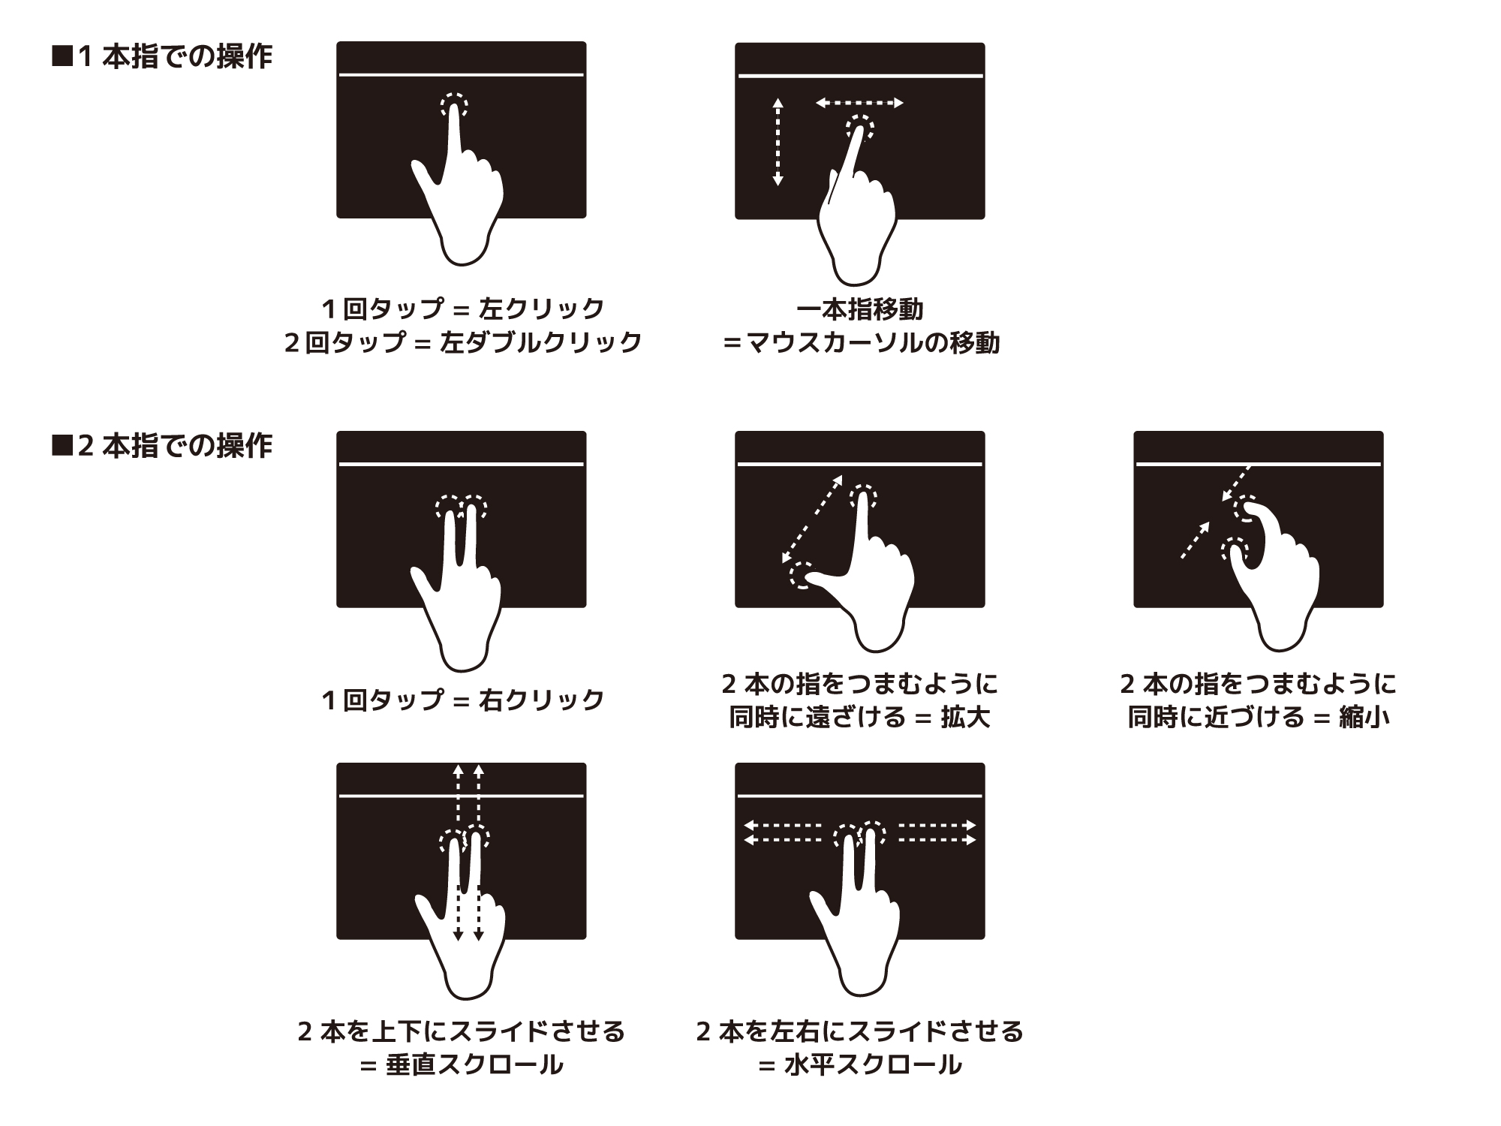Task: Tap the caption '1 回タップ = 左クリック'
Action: [463, 309]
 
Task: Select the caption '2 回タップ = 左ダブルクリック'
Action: [463, 342]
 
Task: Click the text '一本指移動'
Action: [860, 309]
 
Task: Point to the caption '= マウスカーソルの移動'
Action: [860, 343]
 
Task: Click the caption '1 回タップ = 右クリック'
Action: [463, 700]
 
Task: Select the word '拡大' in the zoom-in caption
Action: [966, 718]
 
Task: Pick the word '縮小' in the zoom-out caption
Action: [1364, 718]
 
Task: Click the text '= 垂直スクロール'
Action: [462, 1065]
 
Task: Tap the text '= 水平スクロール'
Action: [860, 1065]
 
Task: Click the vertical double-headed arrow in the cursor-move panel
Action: [778, 142]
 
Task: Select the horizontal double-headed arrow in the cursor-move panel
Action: [859, 103]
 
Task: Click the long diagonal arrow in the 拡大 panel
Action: [812, 519]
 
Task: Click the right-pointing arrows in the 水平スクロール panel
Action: [937, 833]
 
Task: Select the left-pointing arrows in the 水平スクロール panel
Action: [782, 833]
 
